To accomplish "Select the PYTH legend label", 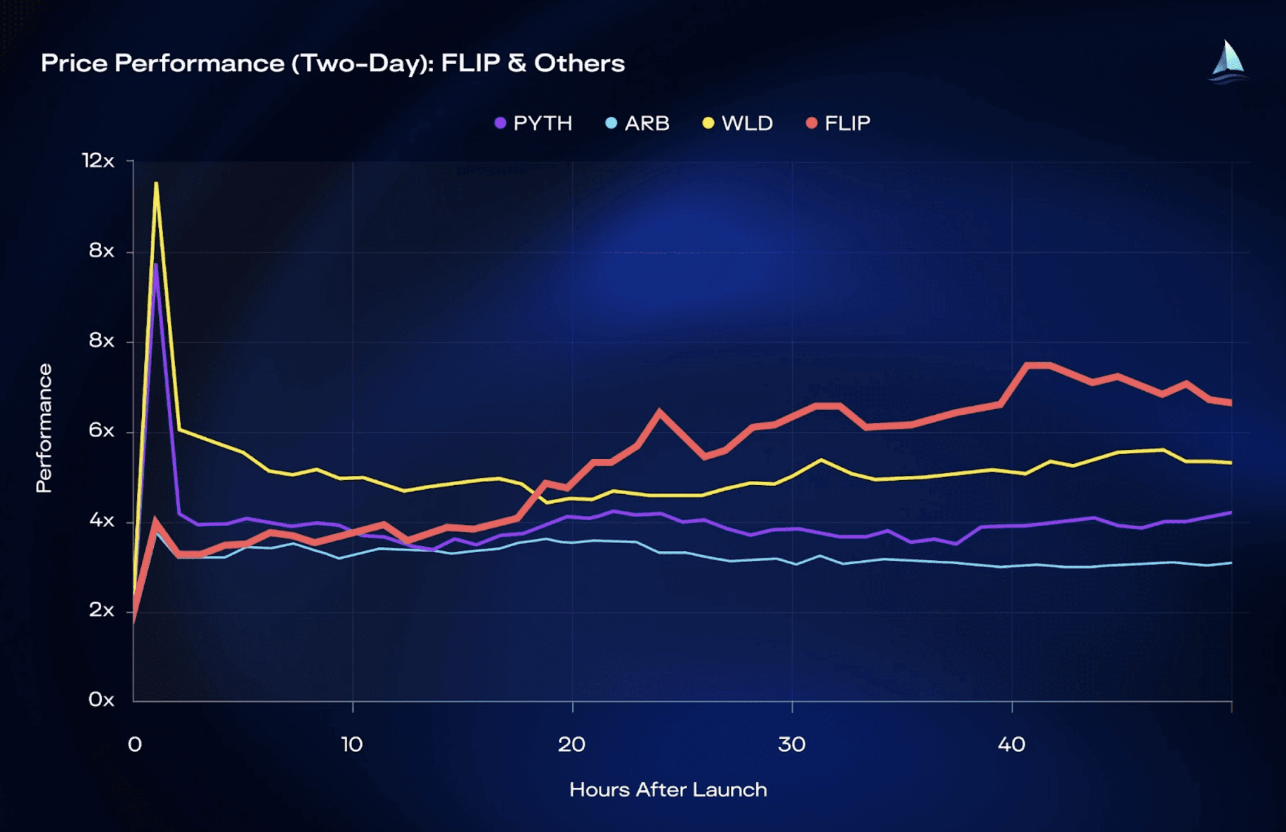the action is [542, 124].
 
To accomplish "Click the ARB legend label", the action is [647, 124].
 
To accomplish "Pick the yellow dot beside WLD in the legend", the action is [708, 124].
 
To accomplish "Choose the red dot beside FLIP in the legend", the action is [811, 124].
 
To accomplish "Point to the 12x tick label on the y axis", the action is [98, 160].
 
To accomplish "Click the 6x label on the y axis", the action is [101, 431].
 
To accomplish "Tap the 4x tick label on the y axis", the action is [101, 520].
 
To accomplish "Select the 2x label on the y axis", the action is [101, 610].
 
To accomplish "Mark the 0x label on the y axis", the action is [101, 699].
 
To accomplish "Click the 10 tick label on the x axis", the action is [351, 744].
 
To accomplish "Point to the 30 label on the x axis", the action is [791, 744].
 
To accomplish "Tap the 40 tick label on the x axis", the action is [1011, 744].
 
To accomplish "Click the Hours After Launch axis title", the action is [668, 790].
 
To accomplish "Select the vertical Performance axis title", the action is [44, 428].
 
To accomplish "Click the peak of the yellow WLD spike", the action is [156, 183].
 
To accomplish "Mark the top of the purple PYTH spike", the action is [156, 265].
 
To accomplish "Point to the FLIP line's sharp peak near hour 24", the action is [659, 412].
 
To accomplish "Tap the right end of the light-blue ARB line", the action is [1231, 563].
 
